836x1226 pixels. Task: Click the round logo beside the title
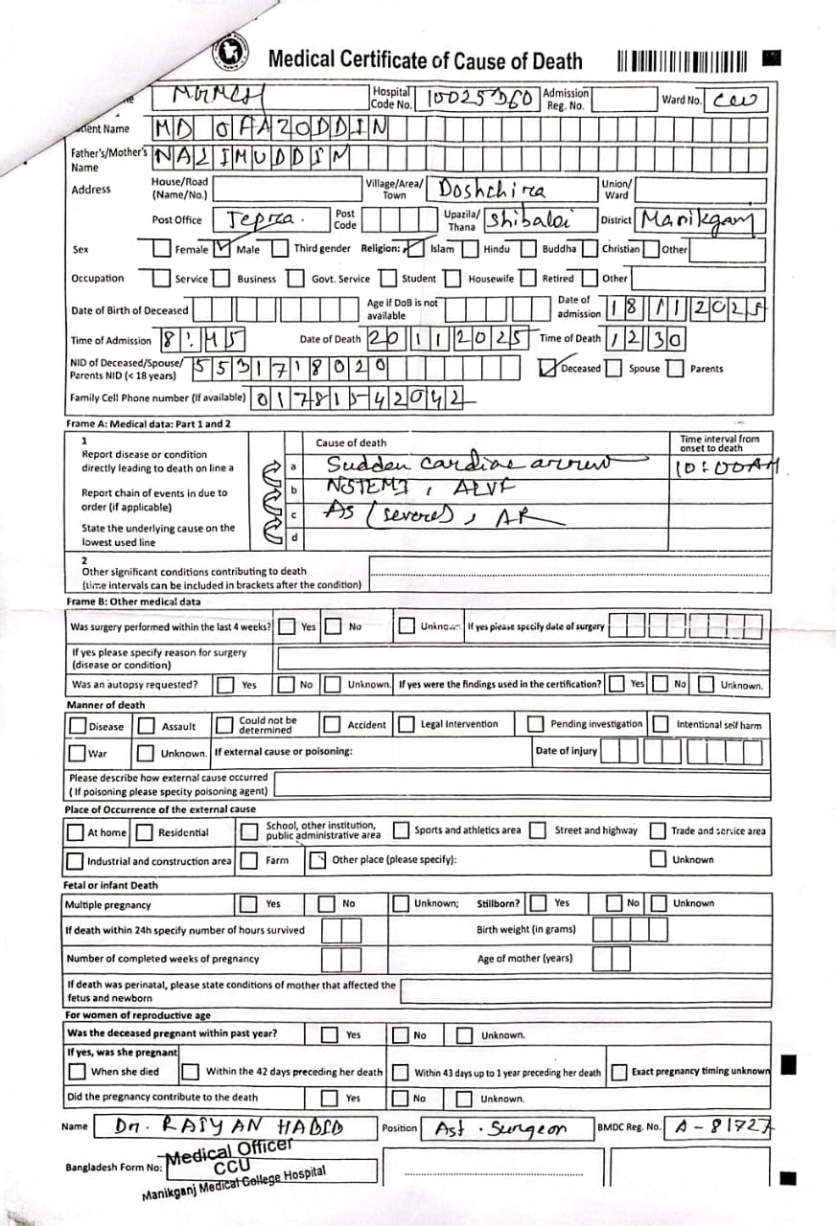click(x=231, y=54)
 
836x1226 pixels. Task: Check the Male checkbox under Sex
click(x=222, y=249)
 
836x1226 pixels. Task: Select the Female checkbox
click(x=161, y=249)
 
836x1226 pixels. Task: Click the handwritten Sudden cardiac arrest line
click(x=470, y=465)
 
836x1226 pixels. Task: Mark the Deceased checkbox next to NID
click(x=548, y=368)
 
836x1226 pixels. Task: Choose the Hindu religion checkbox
click(x=470, y=249)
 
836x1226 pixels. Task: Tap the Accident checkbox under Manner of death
click(x=332, y=725)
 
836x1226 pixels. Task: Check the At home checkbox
click(x=75, y=831)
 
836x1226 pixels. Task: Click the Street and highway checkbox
click(x=539, y=830)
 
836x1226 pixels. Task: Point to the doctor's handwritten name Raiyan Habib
click(x=230, y=1128)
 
